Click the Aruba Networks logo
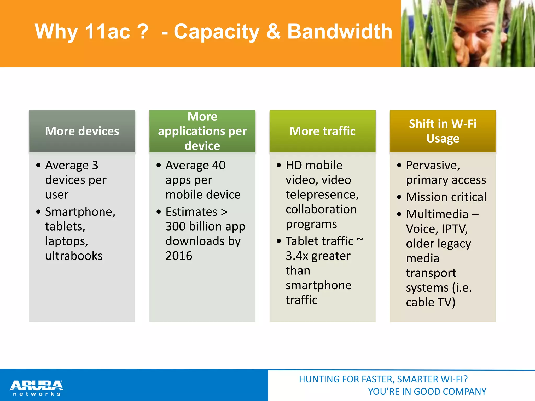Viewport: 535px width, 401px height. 37,388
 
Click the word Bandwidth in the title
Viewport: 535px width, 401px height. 340,31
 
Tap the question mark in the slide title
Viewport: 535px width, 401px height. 143,31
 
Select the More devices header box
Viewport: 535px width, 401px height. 82,131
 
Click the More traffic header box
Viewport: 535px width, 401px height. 322,131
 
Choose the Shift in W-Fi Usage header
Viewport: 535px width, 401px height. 443,131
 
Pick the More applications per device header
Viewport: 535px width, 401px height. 202,131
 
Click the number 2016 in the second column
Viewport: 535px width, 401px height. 179,256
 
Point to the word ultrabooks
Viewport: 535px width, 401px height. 74,256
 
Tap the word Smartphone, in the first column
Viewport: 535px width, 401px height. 80,212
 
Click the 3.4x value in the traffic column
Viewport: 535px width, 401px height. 297,256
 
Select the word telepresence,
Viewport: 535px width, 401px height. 322,195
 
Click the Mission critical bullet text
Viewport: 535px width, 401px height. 446,197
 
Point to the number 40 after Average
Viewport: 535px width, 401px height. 219,165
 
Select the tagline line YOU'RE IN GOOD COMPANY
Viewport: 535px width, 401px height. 427,392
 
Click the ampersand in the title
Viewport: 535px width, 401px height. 273,31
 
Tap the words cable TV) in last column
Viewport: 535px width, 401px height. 431,302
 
